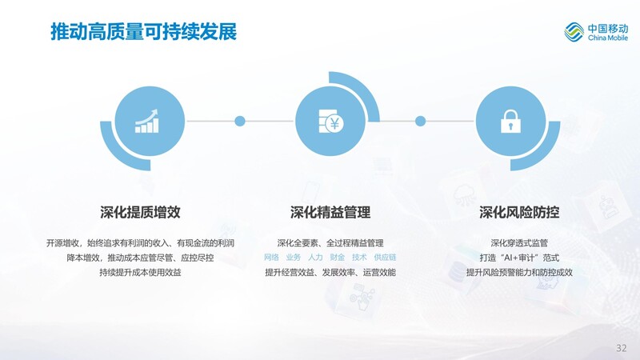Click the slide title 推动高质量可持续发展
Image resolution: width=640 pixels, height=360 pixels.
(144, 31)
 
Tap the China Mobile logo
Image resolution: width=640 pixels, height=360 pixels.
(596, 32)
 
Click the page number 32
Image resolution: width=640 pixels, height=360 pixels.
(622, 348)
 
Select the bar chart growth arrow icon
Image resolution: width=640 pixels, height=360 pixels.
(147, 121)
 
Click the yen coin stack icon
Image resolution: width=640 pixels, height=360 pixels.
(330, 121)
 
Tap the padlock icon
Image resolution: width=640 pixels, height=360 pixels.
(510, 122)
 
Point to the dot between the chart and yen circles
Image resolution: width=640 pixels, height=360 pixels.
(240, 121)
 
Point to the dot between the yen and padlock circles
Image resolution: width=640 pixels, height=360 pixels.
(421, 121)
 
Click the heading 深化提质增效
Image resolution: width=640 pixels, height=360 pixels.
(140, 212)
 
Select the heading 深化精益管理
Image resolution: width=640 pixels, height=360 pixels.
(330, 212)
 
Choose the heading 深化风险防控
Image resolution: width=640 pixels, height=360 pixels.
(519, 212)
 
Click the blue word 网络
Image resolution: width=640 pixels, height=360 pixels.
(271, 257)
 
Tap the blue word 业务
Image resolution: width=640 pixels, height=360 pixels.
(294, 257)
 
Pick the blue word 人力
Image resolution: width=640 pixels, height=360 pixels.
(315, 257)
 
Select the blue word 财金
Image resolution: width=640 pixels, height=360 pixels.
(338, 257)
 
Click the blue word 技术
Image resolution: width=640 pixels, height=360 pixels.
(359, 257)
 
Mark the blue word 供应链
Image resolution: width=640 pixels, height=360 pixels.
(386, 257)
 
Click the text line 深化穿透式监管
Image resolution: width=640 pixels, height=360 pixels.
(519, 243)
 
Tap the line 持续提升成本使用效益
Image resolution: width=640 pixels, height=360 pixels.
(140, 272)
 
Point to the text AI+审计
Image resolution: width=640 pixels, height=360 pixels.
(518, 258)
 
